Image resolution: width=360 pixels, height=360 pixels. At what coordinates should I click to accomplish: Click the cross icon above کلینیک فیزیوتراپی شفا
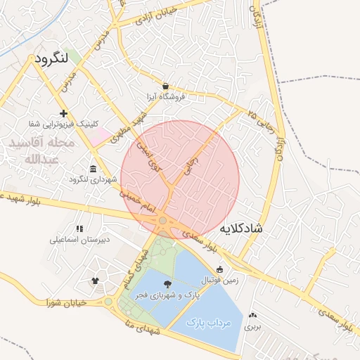pos(64,113)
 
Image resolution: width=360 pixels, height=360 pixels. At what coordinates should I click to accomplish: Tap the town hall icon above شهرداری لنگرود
pos(94,168)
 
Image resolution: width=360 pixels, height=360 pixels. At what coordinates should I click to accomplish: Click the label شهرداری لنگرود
pos(93,179)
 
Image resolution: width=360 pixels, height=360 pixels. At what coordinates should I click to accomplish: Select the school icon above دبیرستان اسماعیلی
pos(79,229)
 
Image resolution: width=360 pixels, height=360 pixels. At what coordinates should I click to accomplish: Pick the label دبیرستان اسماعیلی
pos(79,240)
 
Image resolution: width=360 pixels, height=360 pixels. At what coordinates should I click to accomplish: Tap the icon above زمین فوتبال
pos(219,269)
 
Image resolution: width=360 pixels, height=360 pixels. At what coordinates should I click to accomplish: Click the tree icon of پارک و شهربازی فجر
pos(167,283)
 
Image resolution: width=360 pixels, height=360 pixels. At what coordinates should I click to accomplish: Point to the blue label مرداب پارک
pos(209,323)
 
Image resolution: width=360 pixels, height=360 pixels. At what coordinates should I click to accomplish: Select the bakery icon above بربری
pos(253,315)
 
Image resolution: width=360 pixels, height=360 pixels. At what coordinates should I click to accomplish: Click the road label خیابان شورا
pos(66,303)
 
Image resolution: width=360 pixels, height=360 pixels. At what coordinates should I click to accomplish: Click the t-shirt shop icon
pos(95,280)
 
